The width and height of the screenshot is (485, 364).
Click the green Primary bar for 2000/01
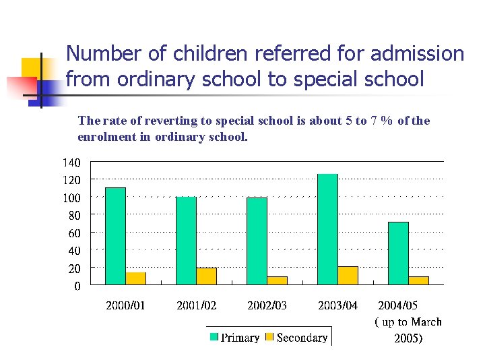coord(115,236)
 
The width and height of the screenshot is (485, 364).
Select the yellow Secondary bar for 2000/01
coord(136,278)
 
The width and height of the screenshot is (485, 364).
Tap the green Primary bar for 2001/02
coord(186,241)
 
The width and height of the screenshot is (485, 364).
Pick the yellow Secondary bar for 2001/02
coord(207,276)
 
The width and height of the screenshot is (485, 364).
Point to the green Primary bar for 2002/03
coord(257,241)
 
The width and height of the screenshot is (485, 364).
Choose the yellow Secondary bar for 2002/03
coord(278,280)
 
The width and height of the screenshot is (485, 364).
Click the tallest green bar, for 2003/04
coord(327,229)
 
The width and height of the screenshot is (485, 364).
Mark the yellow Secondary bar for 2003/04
coord(348,276)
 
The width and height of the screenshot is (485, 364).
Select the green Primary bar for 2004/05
coord(398,253)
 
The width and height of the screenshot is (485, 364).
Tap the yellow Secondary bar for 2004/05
coord(419,280)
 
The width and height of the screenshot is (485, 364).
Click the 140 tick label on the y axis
coord(71,162)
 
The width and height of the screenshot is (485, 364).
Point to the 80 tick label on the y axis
coord(73,215)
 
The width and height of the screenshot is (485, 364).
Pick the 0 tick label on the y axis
coord(77,286)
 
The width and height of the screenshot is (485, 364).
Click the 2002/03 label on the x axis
coord(267,305)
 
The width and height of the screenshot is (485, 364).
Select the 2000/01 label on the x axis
coord(125,305)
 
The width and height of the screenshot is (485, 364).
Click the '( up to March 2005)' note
coord(408,330)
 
